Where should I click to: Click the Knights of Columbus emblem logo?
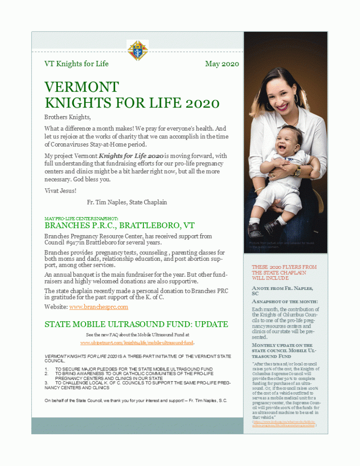[137, 51]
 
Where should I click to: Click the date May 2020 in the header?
[222, 64]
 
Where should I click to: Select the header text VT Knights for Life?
[76, 64]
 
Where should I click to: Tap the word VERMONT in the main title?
[82, 87]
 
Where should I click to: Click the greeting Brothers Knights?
[67, 117]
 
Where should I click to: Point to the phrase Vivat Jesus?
[60, 190]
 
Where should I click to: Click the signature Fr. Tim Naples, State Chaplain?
[124, 202]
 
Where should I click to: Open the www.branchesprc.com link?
[98, 307]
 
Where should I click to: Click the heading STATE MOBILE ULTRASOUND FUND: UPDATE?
[136, 324]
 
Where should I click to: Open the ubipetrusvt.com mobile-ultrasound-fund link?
[137, 342]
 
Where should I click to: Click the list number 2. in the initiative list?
[46, 374]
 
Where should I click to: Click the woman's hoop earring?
[296, 99]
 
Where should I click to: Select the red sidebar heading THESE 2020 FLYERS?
[284, 272]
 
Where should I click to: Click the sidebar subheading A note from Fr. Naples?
[282, 291]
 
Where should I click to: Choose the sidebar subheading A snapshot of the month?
[285, 302]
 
